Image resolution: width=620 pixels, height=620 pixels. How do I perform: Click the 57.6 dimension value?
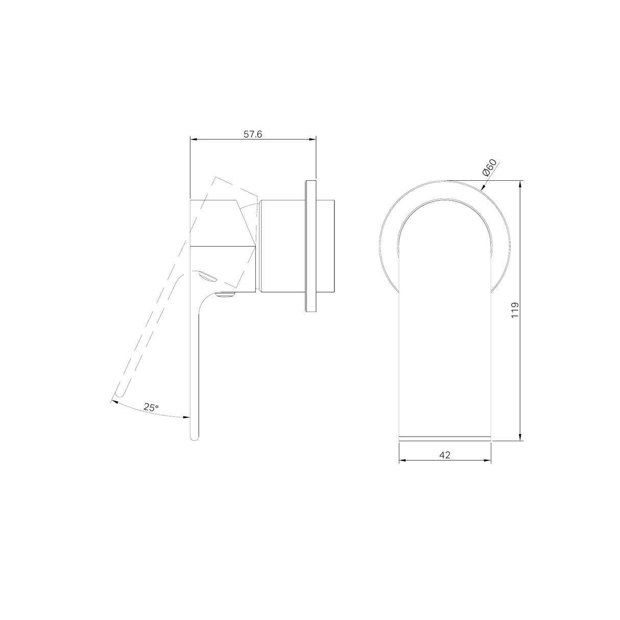(252, 134)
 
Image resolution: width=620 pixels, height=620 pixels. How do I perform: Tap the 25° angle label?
(151, 407)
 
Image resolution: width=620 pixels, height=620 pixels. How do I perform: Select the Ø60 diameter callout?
(489, 168)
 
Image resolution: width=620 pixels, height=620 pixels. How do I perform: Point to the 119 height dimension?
(515, 310)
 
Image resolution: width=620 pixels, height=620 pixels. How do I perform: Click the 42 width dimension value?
(444, 455)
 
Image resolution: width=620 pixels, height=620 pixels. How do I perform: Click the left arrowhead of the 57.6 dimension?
(193, 139)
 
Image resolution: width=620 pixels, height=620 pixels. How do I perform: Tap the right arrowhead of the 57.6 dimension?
(313, 139)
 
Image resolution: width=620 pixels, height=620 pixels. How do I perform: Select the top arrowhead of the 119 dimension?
(520, 183)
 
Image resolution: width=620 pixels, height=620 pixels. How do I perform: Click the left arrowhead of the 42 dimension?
(401, 460)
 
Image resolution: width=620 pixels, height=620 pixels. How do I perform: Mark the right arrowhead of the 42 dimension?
(488, 460)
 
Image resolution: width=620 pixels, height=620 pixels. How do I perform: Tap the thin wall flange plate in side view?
(311, 246)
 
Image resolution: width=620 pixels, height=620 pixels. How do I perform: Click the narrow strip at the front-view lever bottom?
(444, 438)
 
